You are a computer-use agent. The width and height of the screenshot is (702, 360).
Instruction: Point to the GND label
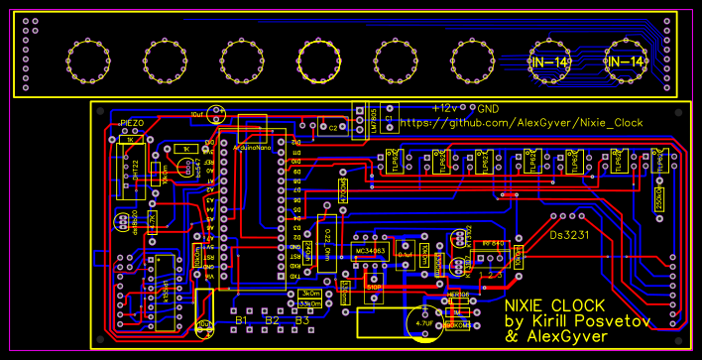tap(488, 107)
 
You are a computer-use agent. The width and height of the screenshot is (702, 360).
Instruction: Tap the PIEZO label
tap(133, 123)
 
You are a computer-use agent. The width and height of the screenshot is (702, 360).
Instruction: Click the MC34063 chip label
tap(370, 250)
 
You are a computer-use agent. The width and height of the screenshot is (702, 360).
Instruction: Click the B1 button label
tap(240, 320)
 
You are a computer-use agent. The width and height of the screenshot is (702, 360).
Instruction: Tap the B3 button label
tap(302, 320)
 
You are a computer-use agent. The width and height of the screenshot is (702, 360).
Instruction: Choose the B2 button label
tap(272, 320)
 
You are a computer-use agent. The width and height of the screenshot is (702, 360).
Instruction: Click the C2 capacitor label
tap(334, 126)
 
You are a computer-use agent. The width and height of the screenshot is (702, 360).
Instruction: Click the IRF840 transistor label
tap(493, 243)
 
